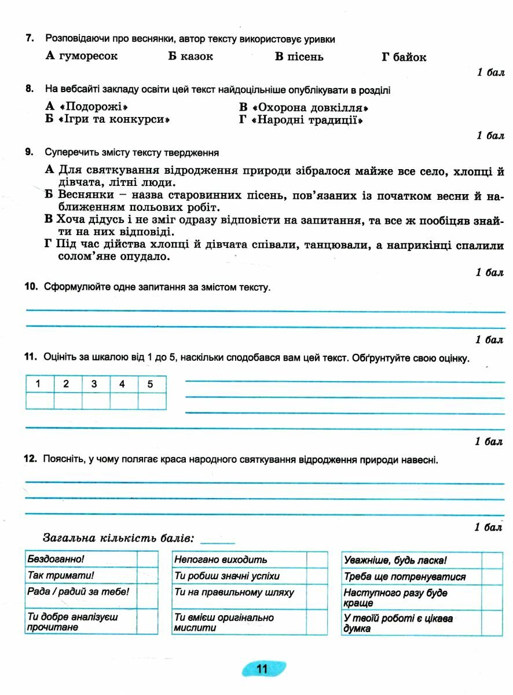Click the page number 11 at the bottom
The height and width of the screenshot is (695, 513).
(x=262, y=669)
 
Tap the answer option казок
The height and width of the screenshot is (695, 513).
(x=196, y=56)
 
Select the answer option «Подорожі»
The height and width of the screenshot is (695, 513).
(x=93, y=108)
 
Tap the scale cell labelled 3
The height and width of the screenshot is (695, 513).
(x=94, y=384)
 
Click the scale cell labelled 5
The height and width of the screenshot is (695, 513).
(x=151, y=384)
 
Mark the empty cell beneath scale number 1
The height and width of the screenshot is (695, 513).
(x=39, y=401)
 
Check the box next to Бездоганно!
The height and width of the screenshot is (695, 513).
(x=147, y=559)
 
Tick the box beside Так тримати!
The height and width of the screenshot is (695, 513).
(x=147, y=576)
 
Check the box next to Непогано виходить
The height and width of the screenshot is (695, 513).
(x=317, y=559)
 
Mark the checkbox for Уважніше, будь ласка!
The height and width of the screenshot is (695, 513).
(x=492, y=560)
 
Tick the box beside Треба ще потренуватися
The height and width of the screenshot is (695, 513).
(x=492, y=577)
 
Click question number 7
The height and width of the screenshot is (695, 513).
(x=28, y=39)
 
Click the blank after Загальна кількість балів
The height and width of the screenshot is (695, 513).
(x=217, y=539)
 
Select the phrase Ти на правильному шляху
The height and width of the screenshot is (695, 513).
(x=234, y=592)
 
